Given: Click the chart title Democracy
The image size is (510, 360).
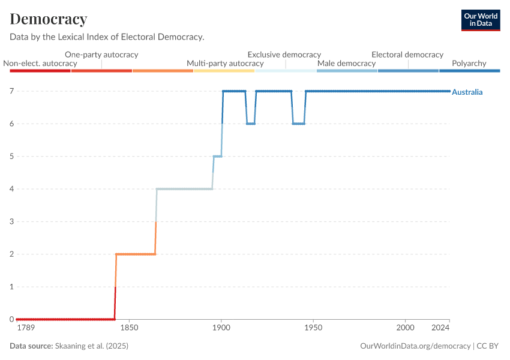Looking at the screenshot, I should tap(49, 19).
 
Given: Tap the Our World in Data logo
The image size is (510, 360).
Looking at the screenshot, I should tap(481, 20).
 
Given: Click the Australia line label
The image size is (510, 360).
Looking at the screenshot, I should tap(467, 92).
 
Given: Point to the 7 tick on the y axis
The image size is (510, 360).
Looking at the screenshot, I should tap(11, 91).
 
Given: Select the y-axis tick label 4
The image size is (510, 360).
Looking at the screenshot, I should tap(11, 189).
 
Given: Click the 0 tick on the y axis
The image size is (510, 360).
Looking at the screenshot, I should tap(11, 319).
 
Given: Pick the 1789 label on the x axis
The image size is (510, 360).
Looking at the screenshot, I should tap(26, 328).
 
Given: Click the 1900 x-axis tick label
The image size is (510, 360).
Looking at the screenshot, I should tap(221, 328).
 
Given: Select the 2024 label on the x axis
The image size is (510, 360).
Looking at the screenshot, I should tap(440, 328).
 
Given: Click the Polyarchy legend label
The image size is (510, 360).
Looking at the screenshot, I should tap(469, 64).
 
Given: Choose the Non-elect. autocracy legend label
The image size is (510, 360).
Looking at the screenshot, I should tap(40, 64).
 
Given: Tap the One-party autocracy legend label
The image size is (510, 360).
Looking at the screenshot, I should tap(101, 55).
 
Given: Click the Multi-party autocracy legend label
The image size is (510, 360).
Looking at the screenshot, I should tap(225, 64).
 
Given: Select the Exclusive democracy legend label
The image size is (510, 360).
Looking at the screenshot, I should tap(284, 55).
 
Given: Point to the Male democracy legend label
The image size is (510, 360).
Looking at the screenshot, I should tap(346, 64).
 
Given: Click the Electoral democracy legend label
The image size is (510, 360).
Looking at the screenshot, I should tap(407, 55).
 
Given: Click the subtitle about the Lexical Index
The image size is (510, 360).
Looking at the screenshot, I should tap(107, 37).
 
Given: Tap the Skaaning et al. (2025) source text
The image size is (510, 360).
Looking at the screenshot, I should tap(92, 346).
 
